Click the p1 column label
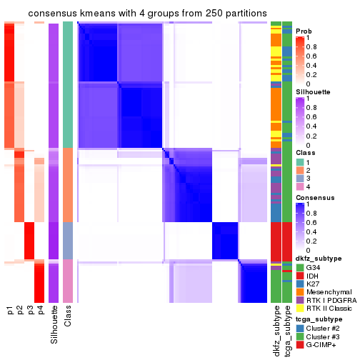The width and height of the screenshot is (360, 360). point(10,310)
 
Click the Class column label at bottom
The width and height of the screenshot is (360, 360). point(68,317)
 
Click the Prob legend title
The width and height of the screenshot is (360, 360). point(304,31)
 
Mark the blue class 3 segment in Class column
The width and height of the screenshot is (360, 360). point(68,241)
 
